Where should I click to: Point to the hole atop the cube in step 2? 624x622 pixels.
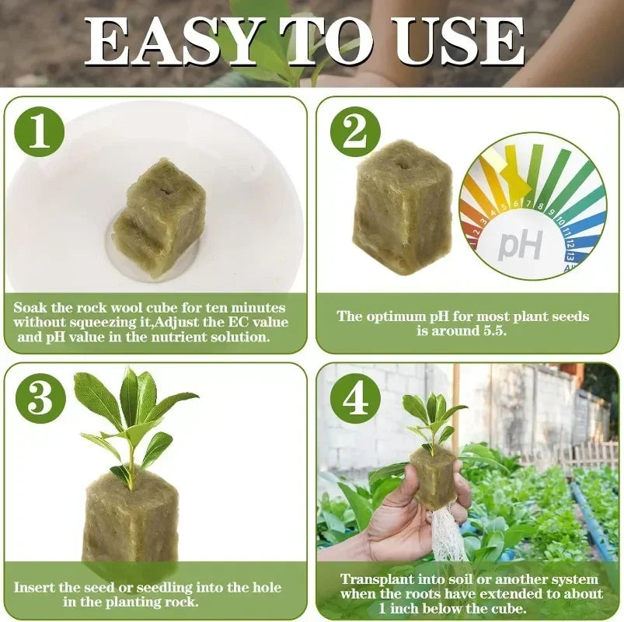[402, 164]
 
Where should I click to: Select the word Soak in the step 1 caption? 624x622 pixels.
[31, 308]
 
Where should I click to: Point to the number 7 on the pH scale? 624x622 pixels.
[529, 206]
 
